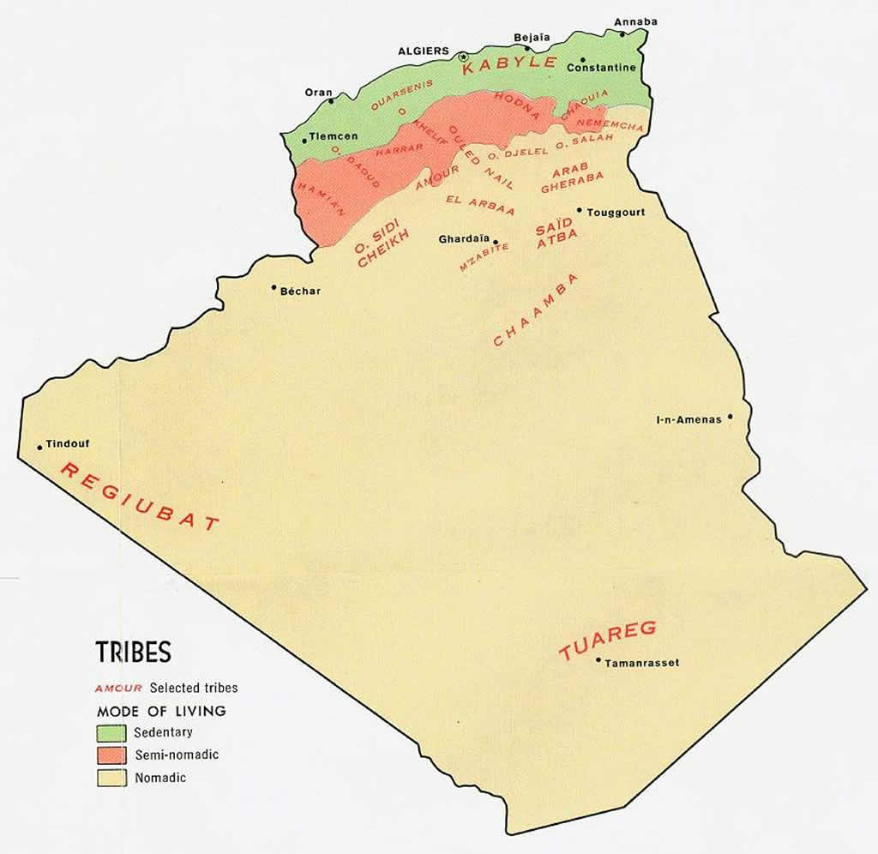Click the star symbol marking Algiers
(464, 57)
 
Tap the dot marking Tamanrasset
(598, 659)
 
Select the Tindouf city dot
(39, 447)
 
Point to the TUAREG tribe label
(607, 640)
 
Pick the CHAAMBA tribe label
(537, 310)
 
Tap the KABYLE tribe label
(510, 64)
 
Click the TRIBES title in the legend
(133, 653)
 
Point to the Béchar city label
(300, 292)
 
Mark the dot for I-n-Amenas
(731, 418)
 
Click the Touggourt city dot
(580, 209)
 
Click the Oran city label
(319, 93)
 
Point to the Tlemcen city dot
(304, 141)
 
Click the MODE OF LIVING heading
(161, 711)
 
